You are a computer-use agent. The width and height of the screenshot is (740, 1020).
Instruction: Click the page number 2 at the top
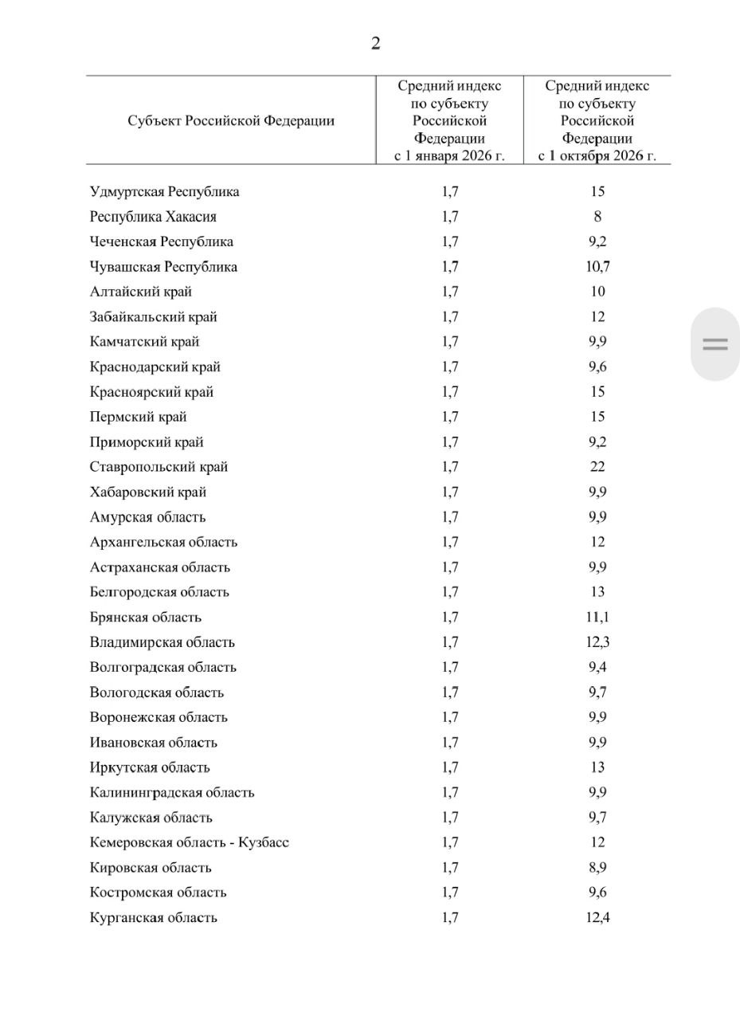coord(375,43)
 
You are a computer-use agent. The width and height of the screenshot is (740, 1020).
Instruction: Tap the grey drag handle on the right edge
coord(715,344)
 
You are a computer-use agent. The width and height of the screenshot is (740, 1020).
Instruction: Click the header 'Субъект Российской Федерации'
coord(231,121)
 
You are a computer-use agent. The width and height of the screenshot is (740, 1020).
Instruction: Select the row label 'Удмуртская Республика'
coord(165,192)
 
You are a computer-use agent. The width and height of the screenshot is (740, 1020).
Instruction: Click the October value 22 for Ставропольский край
coord(597,467)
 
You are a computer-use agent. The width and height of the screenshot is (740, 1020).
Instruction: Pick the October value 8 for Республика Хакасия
coord(597,217)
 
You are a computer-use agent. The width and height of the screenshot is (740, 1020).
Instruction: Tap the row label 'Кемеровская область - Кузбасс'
coord(190,842)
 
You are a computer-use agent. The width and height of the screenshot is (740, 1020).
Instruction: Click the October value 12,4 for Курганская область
coord(597,917)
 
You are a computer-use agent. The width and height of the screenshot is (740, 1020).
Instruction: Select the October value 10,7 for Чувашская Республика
coord(597,267)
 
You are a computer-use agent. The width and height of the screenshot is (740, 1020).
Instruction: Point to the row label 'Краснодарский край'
coord(155,367)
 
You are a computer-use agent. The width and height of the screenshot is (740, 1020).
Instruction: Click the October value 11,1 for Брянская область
coord(597,618)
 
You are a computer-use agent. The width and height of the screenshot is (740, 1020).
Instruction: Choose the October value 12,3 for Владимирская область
coord(597,642)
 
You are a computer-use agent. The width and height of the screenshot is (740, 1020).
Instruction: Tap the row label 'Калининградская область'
coord(172,793)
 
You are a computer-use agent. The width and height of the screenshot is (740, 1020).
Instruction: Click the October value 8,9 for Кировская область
coord(597,868)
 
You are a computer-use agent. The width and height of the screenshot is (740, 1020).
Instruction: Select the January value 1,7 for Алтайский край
coord(450,292)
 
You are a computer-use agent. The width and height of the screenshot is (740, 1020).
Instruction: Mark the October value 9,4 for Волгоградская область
coord(597,668)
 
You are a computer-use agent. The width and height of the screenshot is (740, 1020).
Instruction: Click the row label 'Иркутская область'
coord(150,767)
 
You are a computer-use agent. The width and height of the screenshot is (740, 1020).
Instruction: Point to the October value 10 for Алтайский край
coord(597,292)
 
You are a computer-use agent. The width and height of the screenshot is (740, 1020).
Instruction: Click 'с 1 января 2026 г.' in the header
coord(450,155)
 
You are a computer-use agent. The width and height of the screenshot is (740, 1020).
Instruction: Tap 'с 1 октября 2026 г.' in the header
coord(597,155)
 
